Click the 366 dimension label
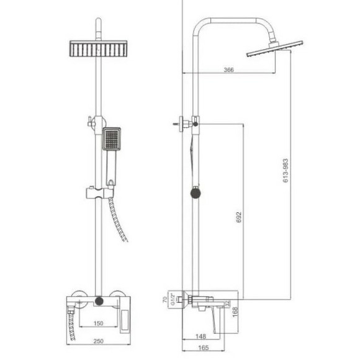228,70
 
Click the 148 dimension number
201,336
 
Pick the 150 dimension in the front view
98,323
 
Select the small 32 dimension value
228,304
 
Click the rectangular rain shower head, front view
98,50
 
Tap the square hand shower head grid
112,140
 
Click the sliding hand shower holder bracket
96,190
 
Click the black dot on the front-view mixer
98,302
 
